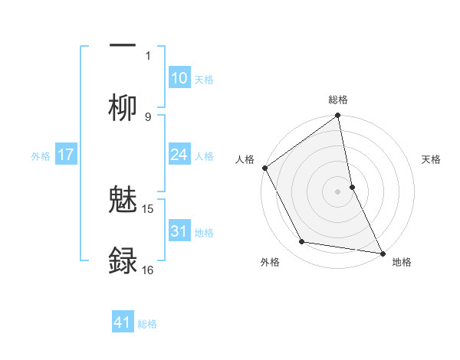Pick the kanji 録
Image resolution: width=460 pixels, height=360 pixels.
(123, 260)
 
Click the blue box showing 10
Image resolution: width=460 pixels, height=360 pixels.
(179, 78)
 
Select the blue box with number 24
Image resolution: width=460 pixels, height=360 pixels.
(179, 155)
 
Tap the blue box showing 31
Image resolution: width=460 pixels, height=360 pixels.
(179, 231)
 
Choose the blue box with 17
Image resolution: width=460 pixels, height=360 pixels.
(66, 155)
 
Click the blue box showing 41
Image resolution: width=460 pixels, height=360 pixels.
(123, 322)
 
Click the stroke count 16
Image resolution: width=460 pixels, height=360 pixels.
(148, 270)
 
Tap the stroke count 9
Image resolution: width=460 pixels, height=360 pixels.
(148, 116)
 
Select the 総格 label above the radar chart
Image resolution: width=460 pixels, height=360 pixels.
(338, 100)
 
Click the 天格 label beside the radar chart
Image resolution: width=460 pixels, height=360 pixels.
(432, 159)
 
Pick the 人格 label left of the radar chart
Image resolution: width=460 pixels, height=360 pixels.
(245, 159)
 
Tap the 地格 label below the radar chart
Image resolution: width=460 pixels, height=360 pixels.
(402, 262)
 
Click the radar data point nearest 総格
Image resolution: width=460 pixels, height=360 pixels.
(338, 116)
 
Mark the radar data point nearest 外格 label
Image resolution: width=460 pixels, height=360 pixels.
(302, 242)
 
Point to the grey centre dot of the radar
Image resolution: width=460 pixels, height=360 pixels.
(338, 191)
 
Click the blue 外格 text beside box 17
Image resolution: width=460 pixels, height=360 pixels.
(41, 155)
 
